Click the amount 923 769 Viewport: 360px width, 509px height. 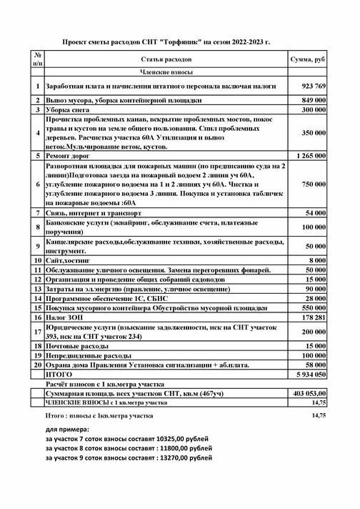tap(311, 86)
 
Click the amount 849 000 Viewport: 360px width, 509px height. tap(313, 101)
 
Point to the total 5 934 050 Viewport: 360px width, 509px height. tap(311, 373)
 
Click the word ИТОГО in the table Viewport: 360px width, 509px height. tap(59, 373)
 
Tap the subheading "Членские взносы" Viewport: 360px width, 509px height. tap(166, 72)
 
